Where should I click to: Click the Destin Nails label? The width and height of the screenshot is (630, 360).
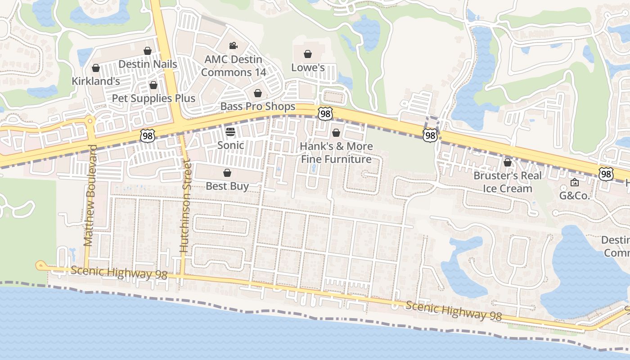[148, 64]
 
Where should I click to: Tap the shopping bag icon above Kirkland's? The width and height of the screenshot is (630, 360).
[95, 68]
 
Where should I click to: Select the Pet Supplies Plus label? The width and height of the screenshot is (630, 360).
[153, 98]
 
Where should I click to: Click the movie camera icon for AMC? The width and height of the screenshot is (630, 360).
[233, 45]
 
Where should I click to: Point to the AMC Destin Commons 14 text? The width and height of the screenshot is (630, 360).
[233, 66]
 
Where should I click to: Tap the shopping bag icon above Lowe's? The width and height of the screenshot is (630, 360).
[308, 54]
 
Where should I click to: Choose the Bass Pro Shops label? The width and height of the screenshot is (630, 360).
[257, 107]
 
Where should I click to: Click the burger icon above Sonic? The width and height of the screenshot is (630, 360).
[230, 132]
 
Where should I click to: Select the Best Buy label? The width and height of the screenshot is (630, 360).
[227, 186]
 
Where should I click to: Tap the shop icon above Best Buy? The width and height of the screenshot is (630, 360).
[227, 173]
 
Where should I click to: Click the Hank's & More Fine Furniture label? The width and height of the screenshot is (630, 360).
[336, 153]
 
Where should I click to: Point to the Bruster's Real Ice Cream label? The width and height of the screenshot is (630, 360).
[508, 182]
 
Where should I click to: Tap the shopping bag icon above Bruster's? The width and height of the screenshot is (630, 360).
[508, 162]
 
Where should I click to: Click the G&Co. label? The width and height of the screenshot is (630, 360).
[574, 196]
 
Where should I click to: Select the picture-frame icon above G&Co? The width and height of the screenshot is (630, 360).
[574, 182]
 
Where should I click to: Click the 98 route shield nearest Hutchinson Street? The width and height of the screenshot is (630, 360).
[147, 135]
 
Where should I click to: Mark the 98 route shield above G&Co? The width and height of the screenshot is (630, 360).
[606, 173]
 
